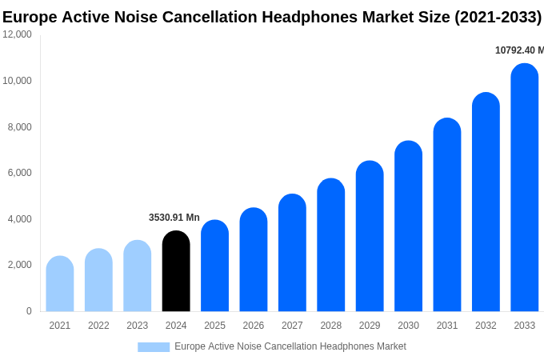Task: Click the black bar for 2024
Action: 176,271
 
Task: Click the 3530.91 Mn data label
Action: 174,218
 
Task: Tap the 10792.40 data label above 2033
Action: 519,50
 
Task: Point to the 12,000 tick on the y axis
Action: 17,34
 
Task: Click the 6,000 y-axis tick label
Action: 20,173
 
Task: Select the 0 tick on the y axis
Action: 29,311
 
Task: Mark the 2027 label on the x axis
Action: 292,326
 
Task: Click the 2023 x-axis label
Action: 138,326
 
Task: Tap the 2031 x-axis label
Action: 447,326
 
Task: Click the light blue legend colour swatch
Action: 154,347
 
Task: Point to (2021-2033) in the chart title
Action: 498,17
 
